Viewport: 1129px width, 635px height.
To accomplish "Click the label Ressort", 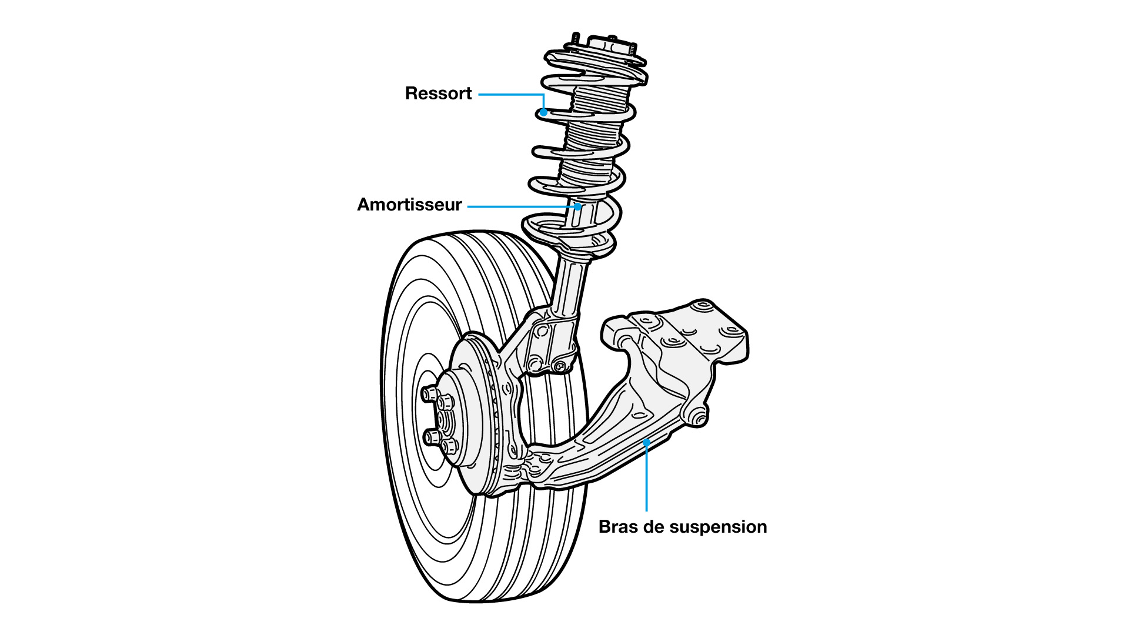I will (438, 93).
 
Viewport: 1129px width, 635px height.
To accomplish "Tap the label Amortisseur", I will (409, 205).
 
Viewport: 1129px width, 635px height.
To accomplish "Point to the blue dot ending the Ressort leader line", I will (545, 111).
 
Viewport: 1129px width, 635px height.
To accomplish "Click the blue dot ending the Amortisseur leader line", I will (579, 206).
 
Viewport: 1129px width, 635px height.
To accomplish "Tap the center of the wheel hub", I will (444, 419).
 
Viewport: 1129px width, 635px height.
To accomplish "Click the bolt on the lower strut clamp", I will (560, 367).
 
